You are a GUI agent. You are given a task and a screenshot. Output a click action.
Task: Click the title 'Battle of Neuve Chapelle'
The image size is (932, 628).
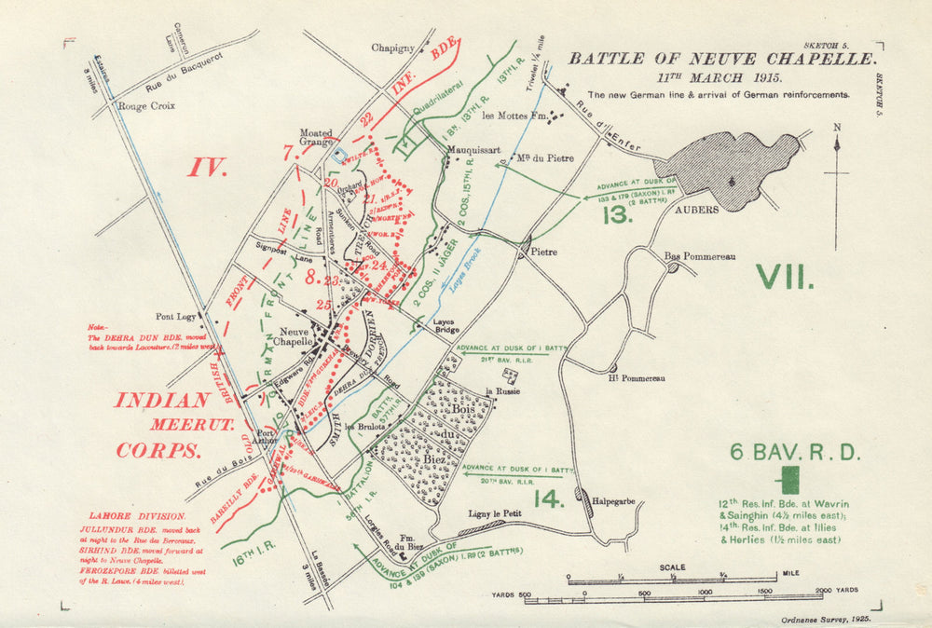click(722, 59)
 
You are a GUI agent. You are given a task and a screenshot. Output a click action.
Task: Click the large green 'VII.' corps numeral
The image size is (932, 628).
click(785, 278)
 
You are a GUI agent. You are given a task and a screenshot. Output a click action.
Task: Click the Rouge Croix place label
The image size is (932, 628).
click(145, 106)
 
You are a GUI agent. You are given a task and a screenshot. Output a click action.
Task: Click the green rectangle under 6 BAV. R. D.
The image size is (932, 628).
click(790, 480)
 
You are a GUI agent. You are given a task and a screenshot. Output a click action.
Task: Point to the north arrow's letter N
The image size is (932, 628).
click(837, 128)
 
